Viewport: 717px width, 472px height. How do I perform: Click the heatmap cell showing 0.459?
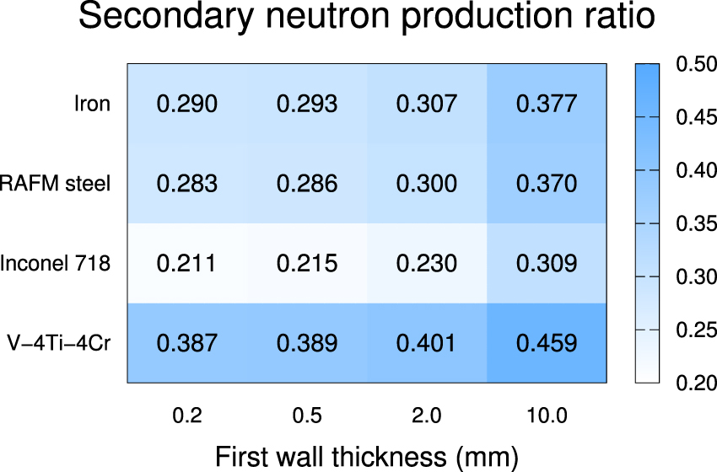point(547,343)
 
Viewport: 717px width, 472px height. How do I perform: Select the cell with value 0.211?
point(187,263)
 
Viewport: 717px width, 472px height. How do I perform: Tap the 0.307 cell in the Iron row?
point(427,104)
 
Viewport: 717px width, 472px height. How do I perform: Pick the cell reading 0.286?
point(307,184)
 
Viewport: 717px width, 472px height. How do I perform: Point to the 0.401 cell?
point(427,343)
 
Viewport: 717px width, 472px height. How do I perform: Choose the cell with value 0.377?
point(547,104)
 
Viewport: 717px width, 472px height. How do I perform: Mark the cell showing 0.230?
point(427,263)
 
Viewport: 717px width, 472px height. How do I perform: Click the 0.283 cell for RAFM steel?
point(187,184)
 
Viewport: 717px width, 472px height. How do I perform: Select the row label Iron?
point(92,104)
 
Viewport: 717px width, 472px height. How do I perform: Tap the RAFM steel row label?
point(56,184)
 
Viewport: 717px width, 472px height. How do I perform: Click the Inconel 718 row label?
point(56,263)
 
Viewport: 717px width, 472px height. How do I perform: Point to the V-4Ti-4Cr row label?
point(59,343)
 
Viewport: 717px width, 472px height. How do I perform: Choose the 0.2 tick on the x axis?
point(187,415)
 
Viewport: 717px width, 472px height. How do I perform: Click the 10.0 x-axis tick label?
point(547,415)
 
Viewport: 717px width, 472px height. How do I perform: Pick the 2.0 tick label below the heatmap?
point(427,415)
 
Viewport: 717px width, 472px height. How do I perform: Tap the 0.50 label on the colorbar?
point(695,65)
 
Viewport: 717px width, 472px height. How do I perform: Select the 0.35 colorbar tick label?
point(695,224)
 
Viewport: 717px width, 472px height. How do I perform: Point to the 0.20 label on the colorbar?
point(695,383)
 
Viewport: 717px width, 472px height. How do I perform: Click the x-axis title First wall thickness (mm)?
point(367,456)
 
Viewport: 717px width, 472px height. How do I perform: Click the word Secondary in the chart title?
point(160,19)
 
